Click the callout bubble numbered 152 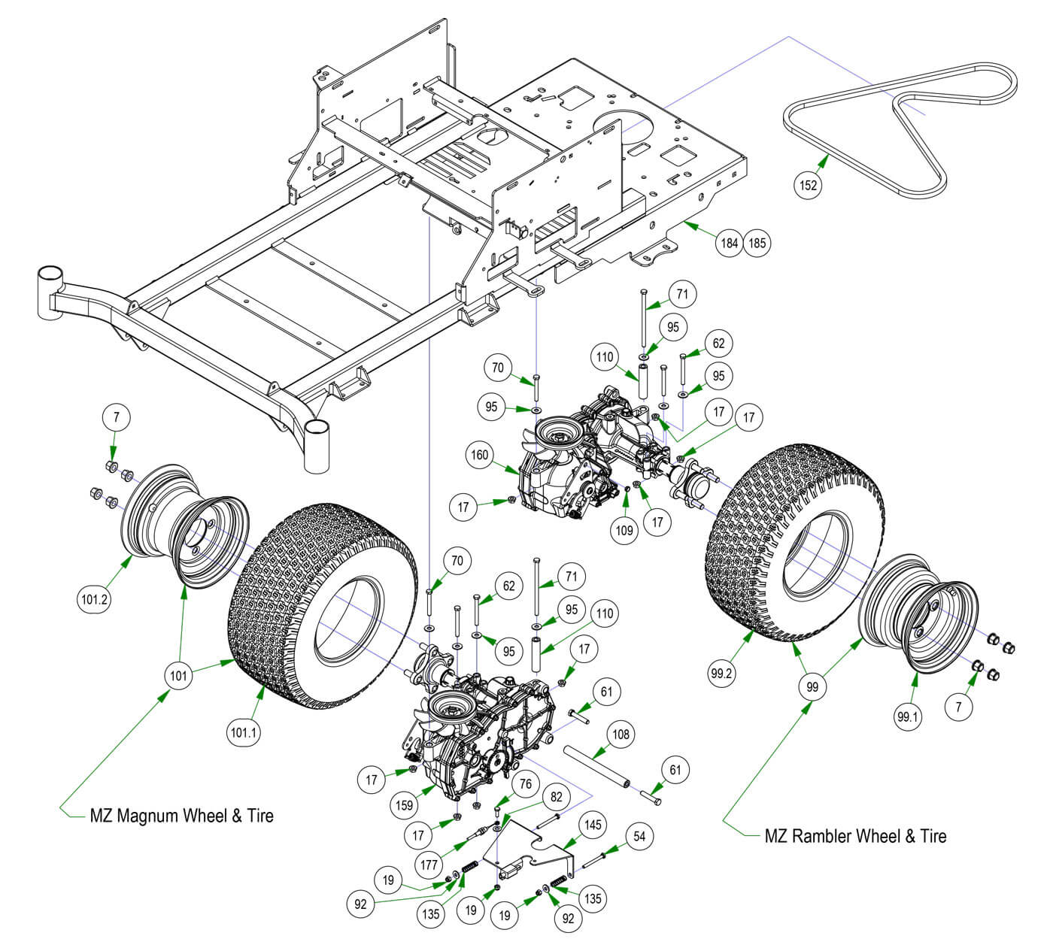click(x=809, y=185)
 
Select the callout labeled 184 click(x=729, y=243)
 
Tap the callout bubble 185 click(x=757, y=243)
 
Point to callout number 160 click(x=480, y=455)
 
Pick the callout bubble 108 click(x=621, y=734)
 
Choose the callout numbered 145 click(x=593, y=825)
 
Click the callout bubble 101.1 click(x=244, y=731)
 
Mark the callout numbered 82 click(x=555, y=797)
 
